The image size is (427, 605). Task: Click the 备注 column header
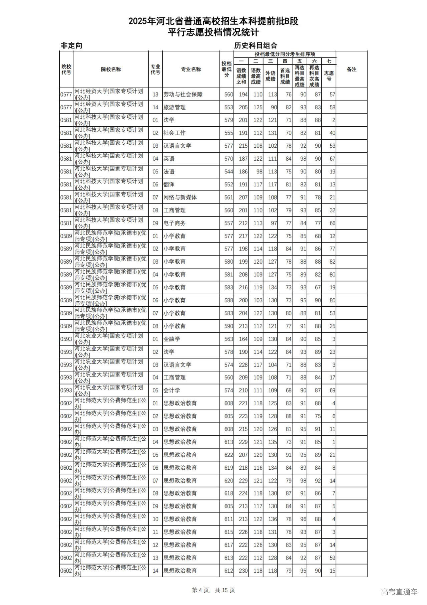click(x=351, y=69)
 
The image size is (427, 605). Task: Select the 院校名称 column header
click(x=111, y=69)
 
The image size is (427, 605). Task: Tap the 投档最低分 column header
click(x=227, y=69)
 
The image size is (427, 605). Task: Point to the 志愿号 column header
click(x=329, y=76)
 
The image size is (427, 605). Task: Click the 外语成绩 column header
click(x=270, y=76)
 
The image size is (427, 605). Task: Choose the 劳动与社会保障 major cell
click(x=183, y=95)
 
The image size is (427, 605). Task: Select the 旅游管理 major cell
click(x=174, y=107)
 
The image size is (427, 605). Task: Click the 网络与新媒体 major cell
click(x=180, y=197)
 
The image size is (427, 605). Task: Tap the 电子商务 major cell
click(x=174, y=223)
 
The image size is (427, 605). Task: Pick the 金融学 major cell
click(x=172, y=339)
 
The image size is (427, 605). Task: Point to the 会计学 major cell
click(x=172, y=391)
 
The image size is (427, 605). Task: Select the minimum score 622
click(x=229, y=455)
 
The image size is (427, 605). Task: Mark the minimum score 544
click(x=229, y=172)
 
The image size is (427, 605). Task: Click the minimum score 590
click(x=229, y=326)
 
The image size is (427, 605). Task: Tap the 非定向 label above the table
click(x=71, y=46)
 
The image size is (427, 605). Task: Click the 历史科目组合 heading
click(x=256, y=46)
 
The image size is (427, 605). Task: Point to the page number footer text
click(x=213, y=590)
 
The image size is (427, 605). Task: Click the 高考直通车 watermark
click(x=399, y=592)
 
